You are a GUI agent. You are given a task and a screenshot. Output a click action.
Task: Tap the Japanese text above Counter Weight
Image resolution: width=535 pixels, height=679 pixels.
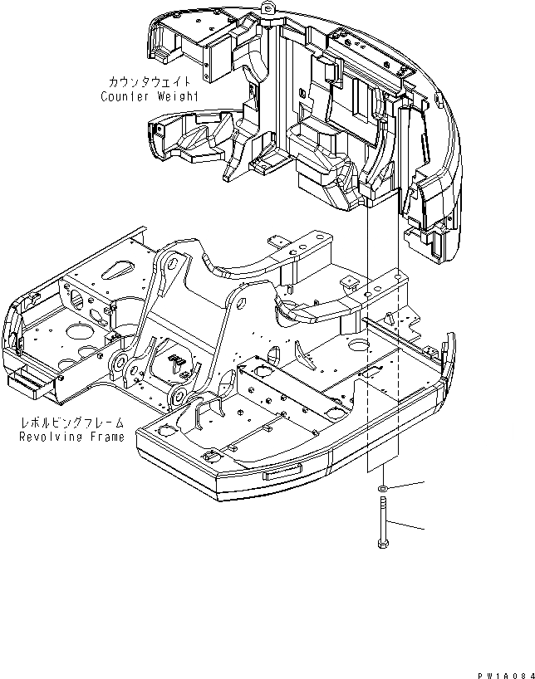click(x=150, y=82)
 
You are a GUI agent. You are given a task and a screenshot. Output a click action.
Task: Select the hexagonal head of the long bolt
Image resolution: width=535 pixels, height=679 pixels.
click(x=382, y=545)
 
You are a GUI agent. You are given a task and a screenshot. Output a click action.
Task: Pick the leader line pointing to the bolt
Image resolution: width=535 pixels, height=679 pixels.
click(x=407, y=525)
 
